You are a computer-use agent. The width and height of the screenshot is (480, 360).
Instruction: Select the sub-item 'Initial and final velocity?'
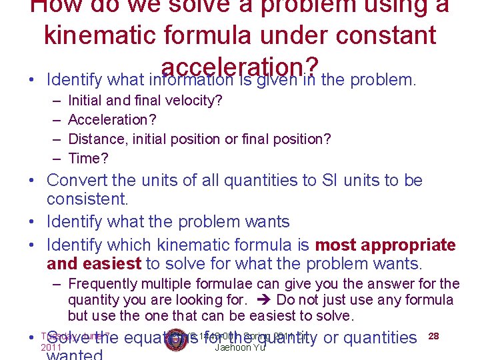pyautogui.click(x=145, y=101)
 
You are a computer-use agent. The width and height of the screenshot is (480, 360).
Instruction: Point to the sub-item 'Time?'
pyautogui.click(x=89, y=158)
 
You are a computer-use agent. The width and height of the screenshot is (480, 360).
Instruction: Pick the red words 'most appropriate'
pyautogui.click(x=385, y=245)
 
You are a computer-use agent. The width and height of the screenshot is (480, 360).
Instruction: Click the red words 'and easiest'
pyautogui.click(x=94, y=265)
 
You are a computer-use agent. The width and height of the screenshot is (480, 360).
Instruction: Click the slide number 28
pyautogui.click(x=433, y=336)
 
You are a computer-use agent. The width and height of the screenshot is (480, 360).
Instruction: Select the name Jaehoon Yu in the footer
pyautogui.click(x=240, y=347)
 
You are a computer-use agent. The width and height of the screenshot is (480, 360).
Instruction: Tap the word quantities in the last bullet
pyautogui.click(x=379, y=338)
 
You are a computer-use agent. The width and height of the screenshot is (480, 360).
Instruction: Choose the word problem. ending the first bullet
pyautogui.click(x=383, y=81)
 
